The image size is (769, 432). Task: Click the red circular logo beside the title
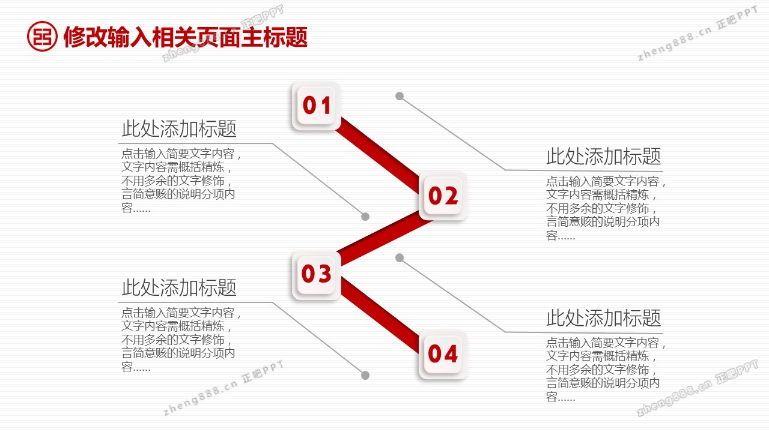(x=42, y=37)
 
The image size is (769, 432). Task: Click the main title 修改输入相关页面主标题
(x=186, y=37)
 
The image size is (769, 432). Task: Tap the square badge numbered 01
(x=316, y=106)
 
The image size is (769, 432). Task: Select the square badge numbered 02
(x=443, y=196)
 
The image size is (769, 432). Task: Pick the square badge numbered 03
(x=316, y=274)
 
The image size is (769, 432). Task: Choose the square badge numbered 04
(x=443, y=355)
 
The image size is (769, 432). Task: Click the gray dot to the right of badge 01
(x=400, y=96)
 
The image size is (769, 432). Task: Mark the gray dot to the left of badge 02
(x=365, y=217)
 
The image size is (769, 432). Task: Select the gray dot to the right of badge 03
(x=400, y=257)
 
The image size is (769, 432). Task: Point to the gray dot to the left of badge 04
(x=365, y=376)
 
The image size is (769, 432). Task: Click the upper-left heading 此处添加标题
(x=179, y=129)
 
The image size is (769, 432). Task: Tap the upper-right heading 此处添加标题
(x=604, y=157)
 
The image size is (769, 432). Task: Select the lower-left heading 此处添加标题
(x=179, y=287)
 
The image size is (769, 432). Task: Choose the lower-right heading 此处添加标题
(x=604, y=318)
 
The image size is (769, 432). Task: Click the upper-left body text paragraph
(x=181, y=181)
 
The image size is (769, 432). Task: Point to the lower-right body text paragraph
(x=606, y=370)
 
